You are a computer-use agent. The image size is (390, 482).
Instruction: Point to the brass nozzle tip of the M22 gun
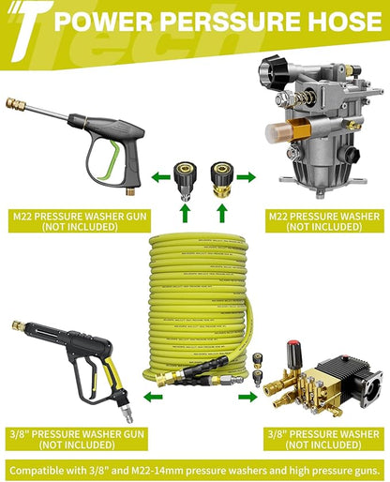(x=15, y=104)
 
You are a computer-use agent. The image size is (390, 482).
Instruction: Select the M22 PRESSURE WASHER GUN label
(x=80, y=216)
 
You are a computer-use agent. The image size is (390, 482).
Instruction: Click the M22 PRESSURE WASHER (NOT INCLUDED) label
(x=324, y=221)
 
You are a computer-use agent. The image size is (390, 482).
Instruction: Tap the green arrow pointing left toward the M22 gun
(x=160, y=177)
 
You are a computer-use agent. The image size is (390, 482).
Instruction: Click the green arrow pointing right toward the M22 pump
(x=247, y=177)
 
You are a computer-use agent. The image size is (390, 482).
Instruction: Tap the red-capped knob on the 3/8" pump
(x=293, y=354)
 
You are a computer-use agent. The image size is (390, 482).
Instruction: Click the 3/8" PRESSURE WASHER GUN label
(x=77, y=434)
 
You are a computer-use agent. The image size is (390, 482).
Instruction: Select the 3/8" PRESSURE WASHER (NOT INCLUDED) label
(x=323, y=439)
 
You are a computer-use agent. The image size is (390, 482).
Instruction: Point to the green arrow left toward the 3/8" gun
(x=153, y=398)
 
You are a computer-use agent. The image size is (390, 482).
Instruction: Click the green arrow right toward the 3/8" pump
(x=247, y=398)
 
